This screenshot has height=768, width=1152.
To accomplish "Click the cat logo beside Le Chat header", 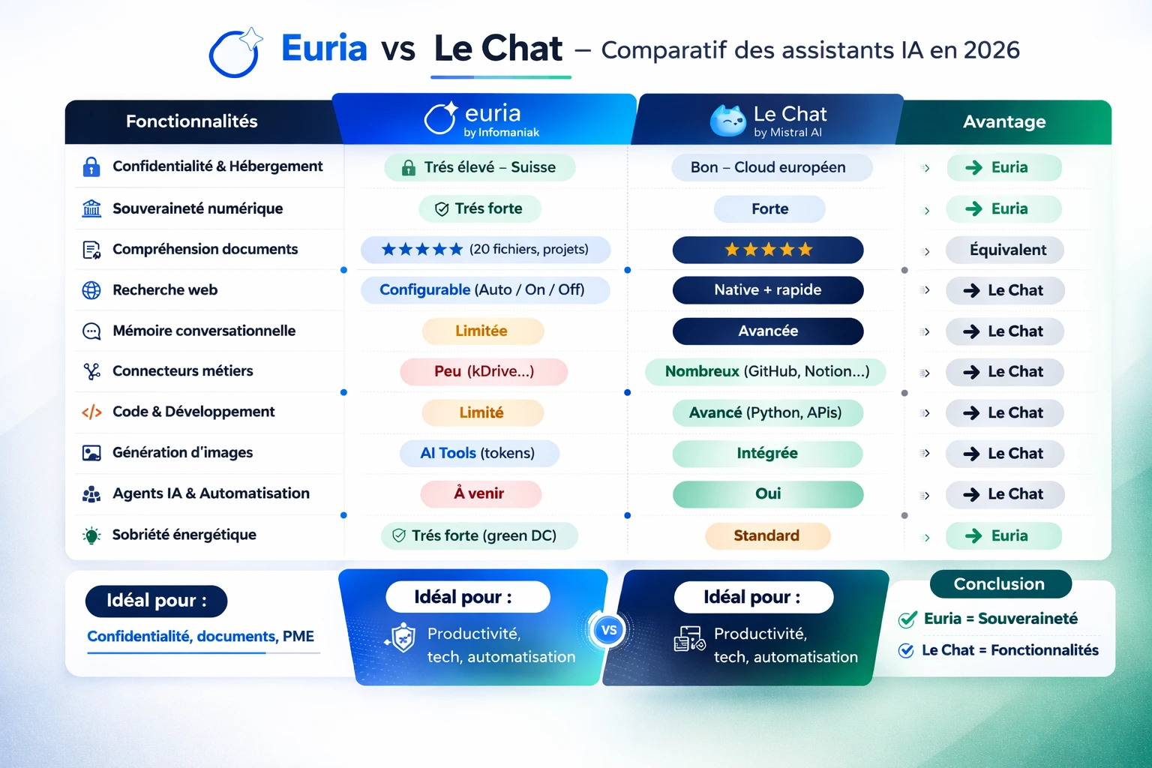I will (x=727, y=121).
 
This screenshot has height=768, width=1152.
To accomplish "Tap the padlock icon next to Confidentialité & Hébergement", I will (x=91, y=166).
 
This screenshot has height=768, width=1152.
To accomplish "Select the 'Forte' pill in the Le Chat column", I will (x=769, y=208).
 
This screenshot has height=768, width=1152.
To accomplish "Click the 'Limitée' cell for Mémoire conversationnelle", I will (x=482, y=331).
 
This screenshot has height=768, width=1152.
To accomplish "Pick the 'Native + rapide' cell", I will (x=768, y=290).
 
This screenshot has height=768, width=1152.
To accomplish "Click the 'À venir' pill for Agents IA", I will (x=480, y=493).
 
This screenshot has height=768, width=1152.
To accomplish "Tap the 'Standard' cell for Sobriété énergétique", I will (x=767, y=535).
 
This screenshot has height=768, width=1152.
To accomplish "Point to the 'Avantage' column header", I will (x=1004, y=121).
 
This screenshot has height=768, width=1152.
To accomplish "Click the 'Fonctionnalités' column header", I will (x=192, y=121).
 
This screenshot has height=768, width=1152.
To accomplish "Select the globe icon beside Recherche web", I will (x=91, y=290).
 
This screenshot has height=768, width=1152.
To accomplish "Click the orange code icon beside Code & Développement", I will (x=91, y=412).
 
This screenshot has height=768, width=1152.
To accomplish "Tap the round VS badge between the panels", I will (x=609, y=630).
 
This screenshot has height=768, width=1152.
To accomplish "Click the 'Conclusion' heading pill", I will (x=1000, y=583).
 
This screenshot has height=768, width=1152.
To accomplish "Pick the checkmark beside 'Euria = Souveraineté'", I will (x=907, y=619).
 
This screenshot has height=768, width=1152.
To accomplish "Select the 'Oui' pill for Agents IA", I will (x=768, y=493).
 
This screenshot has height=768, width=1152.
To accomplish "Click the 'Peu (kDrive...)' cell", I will (x=484, y=371).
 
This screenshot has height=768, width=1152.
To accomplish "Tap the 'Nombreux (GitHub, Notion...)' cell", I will (x=766, y=371).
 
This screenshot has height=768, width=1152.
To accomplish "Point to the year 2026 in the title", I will (x=991, y=50).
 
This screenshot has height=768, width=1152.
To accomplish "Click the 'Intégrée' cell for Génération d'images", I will (x=767, y=453).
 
